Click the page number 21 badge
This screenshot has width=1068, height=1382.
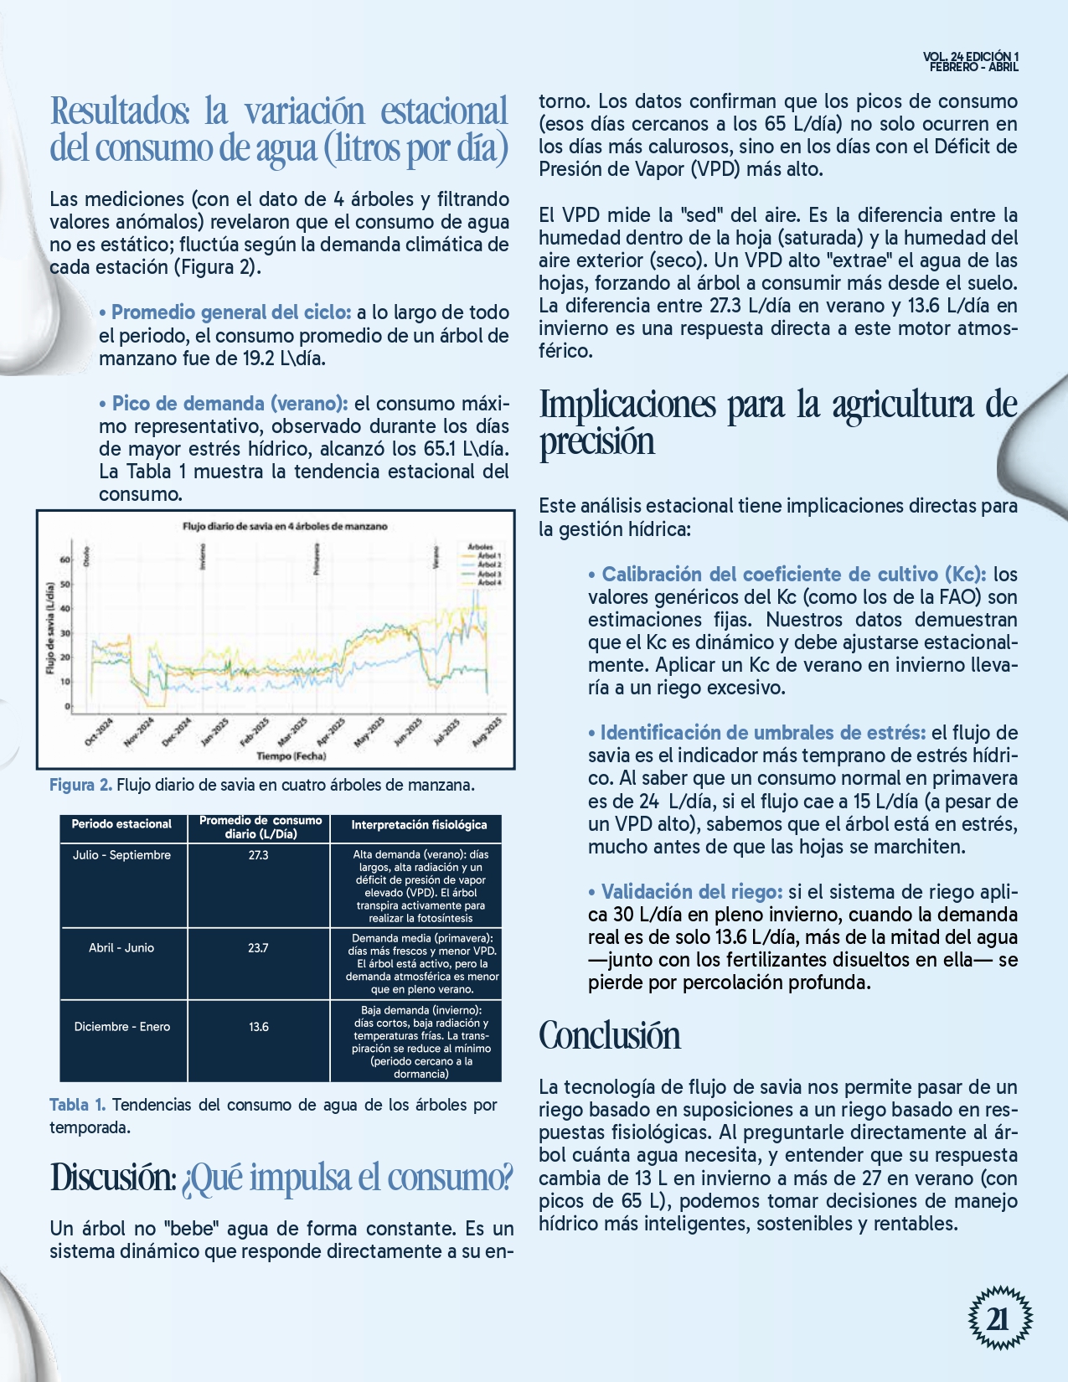(x=999, y=1318)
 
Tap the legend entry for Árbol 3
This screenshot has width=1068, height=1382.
(x=488, y=574)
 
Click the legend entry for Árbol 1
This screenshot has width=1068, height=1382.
(x=488, y=556)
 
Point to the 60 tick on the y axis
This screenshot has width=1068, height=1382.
(x=66, y=560)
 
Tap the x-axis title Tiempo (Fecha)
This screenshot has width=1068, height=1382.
(x=291, y=755)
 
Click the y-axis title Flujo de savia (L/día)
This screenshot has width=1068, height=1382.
(x=50, y=628)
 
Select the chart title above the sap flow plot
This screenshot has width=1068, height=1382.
(x=285, y=526)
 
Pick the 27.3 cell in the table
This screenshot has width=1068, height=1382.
(x=258, y=855)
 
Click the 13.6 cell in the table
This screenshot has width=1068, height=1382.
(x=258, y=1026)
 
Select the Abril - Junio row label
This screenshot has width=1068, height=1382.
(x=121, y=947)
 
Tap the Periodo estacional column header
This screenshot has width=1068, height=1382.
(x=121, y=824)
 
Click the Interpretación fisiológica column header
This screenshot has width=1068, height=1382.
(x=419, y=825)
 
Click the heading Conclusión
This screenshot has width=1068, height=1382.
(x=610, y=1035)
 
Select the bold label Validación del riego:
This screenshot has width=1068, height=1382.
(x=692, y=891)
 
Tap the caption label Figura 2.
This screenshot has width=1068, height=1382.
(x=80, y=785)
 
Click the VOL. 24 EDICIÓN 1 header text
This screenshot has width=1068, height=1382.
(x=971, y=57)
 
